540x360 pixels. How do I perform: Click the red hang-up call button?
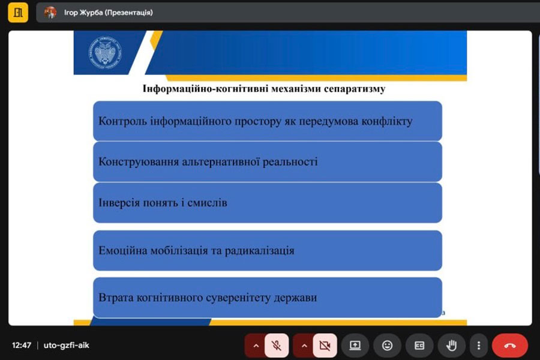(x=509, y=345)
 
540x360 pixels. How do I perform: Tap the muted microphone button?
(x=277, y=345)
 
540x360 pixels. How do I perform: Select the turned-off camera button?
(x=325, y=345)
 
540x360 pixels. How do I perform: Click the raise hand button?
(x=451, y=345)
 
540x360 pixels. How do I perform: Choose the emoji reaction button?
(x=387, y=345)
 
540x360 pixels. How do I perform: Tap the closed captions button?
(x=419, y=345)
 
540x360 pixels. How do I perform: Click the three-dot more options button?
(x=479, y=345)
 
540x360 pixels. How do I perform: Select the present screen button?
(x=355, y=345)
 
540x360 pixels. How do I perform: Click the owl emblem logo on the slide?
(x=105, y=52)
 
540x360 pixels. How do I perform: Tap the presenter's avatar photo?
(x=50, y=13)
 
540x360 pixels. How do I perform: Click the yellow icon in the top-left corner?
(x=18, y=13)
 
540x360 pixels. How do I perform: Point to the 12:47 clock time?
(x=22, y=345)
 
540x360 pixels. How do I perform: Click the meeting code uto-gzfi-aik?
(x=66, y=345)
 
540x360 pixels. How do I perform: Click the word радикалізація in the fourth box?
(x=260, y=250)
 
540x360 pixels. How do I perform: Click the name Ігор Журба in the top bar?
(x=83, y=13)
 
